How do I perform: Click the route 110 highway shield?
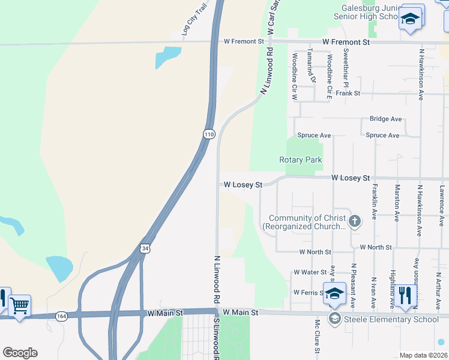208,134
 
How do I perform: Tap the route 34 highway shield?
145,248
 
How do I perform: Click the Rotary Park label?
301,160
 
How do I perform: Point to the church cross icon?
355,222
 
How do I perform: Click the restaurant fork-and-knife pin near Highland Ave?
406,296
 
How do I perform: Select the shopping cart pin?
19,306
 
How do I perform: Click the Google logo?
20,353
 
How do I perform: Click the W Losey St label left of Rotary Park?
243,185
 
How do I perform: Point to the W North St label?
376,247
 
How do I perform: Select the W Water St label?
309,272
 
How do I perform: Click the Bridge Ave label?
385,119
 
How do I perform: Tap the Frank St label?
348,94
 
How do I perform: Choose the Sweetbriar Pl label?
346,65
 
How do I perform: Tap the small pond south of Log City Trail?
167,58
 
